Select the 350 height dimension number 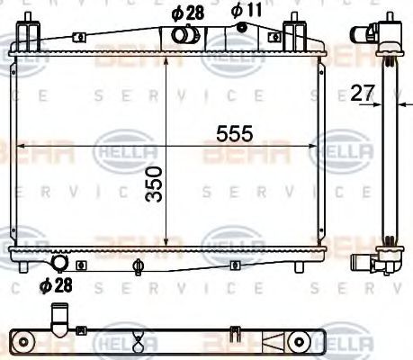click(x=154, y=184)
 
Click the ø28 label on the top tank click(x=185, y=13)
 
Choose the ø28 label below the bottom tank click(x=57, y=286)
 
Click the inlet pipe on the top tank click(x=184, y=35)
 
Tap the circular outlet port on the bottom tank click(x=61, y=263)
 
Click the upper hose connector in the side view click(x=370, y=34)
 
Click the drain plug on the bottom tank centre click(x=138, y=265)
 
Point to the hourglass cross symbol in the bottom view click(x=138, y=341)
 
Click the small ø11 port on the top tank click(x=241, y=28)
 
